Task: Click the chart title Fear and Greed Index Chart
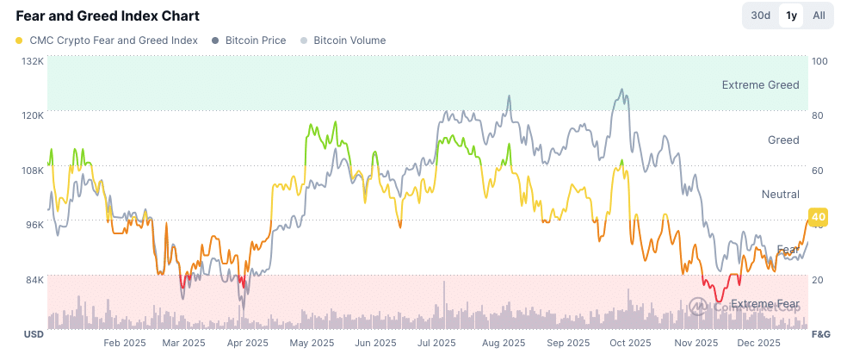[108, 16]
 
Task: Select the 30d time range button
[760, 15]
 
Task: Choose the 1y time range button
[790, 15]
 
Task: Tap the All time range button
[819, 15]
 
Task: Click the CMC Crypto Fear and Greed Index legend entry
[107, 40]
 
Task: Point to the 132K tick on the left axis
[32, 61]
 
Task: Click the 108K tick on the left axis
[32, 171]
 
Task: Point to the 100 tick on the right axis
[819, 61]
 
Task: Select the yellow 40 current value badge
[817, 217]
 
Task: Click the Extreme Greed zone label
[760, 84]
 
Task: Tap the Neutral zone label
[780, 195]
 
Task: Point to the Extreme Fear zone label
[764, 304]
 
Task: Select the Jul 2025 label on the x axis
[436, 343]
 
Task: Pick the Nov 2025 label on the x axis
[695, 343]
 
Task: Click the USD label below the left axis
[33, 334]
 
